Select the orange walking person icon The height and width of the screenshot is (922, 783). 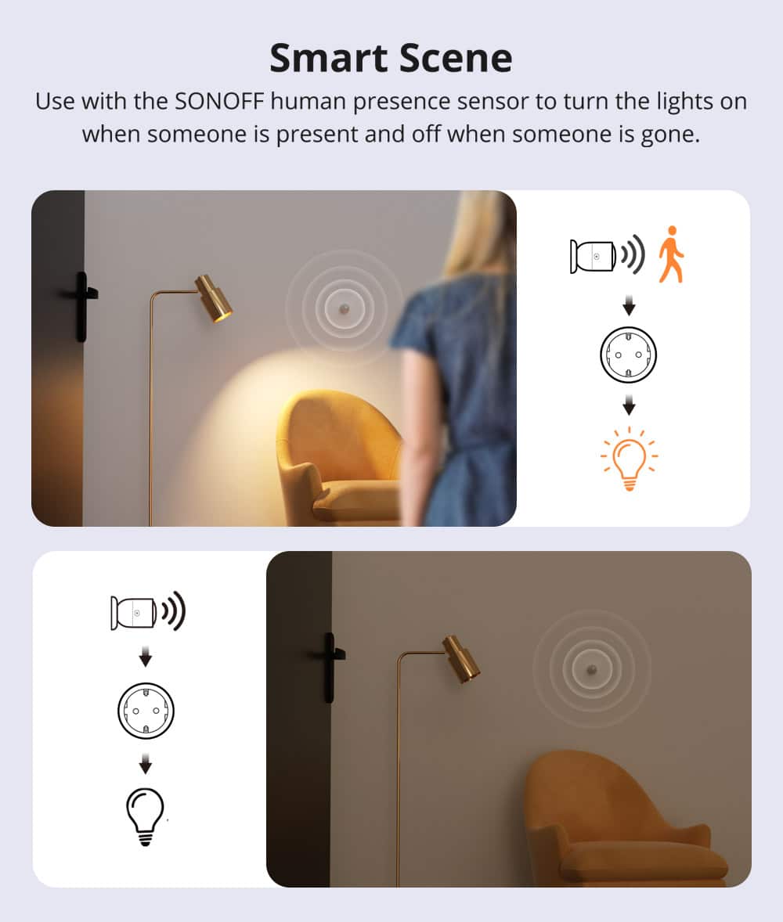(670, 254)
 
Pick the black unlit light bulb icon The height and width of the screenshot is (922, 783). (146, 816)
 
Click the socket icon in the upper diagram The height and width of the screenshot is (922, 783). (628, 354)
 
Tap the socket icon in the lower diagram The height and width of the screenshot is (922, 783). (146, 711)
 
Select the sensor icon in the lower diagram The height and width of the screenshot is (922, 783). (135, 613)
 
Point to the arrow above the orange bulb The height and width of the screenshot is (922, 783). (628, 406)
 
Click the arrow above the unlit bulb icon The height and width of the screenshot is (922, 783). (146, 764)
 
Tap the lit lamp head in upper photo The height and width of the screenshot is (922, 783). (214, 298)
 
